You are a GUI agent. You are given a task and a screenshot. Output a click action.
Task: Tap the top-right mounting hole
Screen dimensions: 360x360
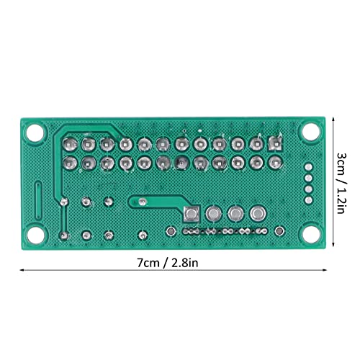310,130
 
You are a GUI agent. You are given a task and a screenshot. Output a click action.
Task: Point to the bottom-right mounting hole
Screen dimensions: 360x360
310,233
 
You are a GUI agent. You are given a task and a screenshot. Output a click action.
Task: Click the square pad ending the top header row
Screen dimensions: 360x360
274,144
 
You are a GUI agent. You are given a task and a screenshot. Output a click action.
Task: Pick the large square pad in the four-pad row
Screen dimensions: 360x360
192,214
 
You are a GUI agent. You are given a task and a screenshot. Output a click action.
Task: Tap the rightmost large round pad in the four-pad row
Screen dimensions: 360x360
257,214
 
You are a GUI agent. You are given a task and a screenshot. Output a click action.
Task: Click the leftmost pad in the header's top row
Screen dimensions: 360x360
71,144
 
